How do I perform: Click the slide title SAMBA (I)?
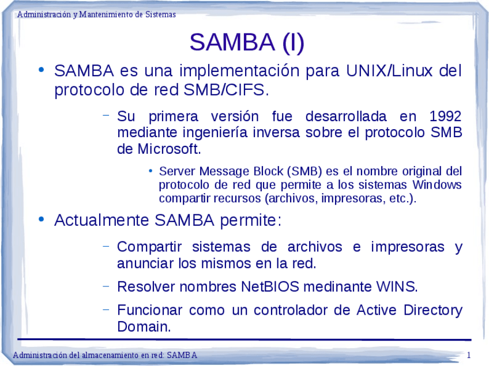(x=246, y=42)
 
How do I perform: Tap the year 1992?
(x=446, y=116)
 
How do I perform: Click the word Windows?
(x=437, y=185)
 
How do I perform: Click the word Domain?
(x=144, y=326)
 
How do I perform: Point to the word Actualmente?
(x=102, y=221)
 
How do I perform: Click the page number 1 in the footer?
(x=469, y=355)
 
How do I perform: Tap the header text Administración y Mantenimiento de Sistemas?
(x=96, y=14)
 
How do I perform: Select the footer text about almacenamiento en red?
(x=105, y=355)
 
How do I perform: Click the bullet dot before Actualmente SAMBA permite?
(x=41, y=220)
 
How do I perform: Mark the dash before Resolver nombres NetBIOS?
(x=106, y=285)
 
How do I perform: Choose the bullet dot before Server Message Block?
(x=150, y=171)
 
